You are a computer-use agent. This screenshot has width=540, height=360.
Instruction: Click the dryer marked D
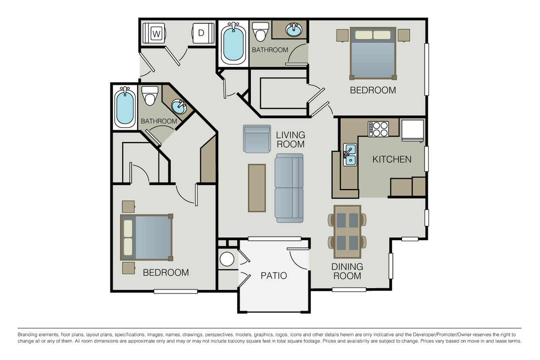pyautogui.click(x=201, y=33)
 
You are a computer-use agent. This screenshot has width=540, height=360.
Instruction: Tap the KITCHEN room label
pyautogui.click(x=391, y=159)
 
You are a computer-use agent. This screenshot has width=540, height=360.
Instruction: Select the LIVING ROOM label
pyautogui.click(x=290, y=139)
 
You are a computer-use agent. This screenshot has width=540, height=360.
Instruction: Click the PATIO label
pyautogui.click(x=273, y=276)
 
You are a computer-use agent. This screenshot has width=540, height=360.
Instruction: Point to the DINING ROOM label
pyautogui.click(x=347, y=271)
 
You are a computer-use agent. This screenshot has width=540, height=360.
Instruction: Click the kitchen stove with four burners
pyautogui.click(x=378, y=129)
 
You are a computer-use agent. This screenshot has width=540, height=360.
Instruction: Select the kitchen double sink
pyautogui.click(x=349, y=155)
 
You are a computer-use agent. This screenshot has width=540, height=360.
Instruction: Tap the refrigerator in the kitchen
pyautogui.click(x=412, y=130)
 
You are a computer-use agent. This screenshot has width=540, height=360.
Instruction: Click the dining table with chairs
pyautogui.click(x=348, y=231)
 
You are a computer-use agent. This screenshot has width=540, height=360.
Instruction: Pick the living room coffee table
pyautogui.click(x=257, y=188)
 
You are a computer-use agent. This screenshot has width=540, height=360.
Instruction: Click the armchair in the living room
pyautogui.click(x=257, y=139)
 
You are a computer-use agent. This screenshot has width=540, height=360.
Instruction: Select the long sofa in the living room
pyautogui.click(x=289, y=188)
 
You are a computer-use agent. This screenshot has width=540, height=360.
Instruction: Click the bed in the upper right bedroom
pyautogui.click(x=373, y=54)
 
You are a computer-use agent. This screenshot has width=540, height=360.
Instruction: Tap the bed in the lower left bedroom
pyautogui.click(x=146, y=237)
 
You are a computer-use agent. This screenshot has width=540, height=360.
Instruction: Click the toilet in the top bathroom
pyautogui.click(x=261, y=31)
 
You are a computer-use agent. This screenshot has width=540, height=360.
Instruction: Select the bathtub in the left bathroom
pyautogui.click(x=125, y=106)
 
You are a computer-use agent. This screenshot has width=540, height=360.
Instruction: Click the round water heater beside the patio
pyautogui.click(x=227, y=259)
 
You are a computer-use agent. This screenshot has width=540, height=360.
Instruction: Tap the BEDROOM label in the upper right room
pyautogui.click(x=373, y=90)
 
